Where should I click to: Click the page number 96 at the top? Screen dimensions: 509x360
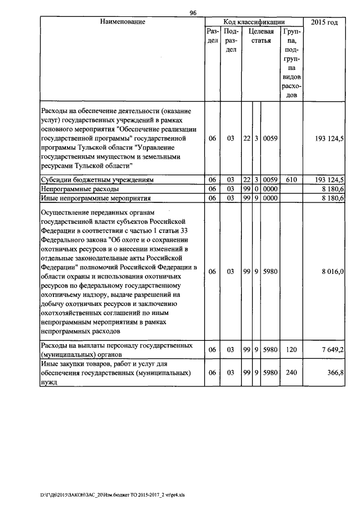point(193,13)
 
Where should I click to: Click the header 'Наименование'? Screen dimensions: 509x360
point(123,22)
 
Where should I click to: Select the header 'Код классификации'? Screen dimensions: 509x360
point(254,22)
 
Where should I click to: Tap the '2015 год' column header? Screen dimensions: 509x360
point(325,22)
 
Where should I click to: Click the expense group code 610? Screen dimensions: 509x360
point(291,179)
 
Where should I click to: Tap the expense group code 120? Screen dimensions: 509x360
point(291,350)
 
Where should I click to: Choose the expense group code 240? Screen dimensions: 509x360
point(291,372)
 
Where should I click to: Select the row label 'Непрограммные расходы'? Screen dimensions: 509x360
point(76,189)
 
